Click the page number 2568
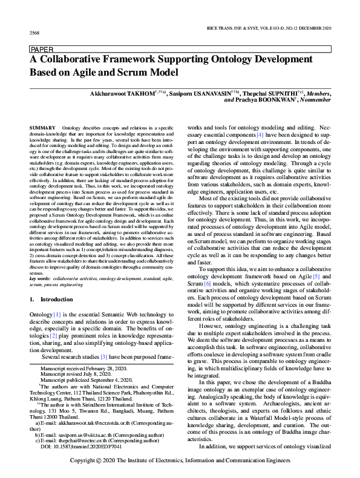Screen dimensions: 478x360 pyautogui.click(x=34, y=31)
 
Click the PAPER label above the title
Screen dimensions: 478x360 pyautogui.click(x=40, y=50)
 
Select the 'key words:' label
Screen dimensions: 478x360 pyautogui.click(x=40, y=278)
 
